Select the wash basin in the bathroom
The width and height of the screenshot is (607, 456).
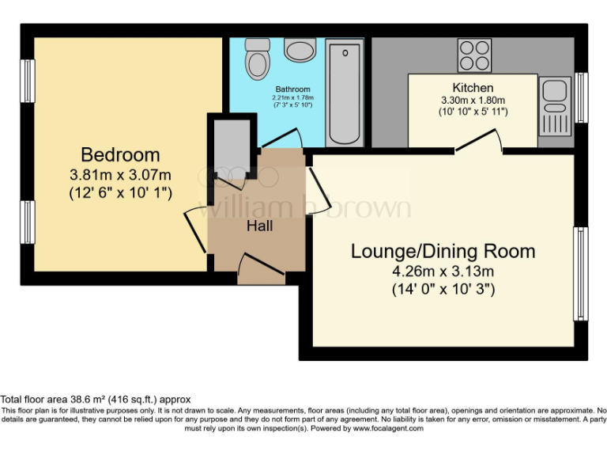(299, 51)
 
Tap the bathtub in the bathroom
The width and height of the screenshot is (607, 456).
(344, 93)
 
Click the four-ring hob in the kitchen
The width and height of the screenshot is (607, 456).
(473, 55)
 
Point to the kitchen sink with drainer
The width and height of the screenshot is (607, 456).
(553, 105)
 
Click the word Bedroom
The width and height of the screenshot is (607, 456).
(120, 154)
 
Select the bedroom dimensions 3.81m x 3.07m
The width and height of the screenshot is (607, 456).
(120, 174)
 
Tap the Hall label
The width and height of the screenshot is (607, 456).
(259, 226)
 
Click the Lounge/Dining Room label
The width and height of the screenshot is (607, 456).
(443, 252)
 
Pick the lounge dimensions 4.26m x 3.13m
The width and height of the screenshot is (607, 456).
(443, 272)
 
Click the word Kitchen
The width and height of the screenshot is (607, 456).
(473, 87)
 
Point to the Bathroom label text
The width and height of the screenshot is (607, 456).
(292, 89)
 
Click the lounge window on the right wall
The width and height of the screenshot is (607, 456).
(581, 274)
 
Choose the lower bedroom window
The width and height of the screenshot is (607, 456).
(28, 222)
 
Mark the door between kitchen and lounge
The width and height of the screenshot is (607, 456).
(478, 142)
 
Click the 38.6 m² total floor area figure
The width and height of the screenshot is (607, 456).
(85, 400)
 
